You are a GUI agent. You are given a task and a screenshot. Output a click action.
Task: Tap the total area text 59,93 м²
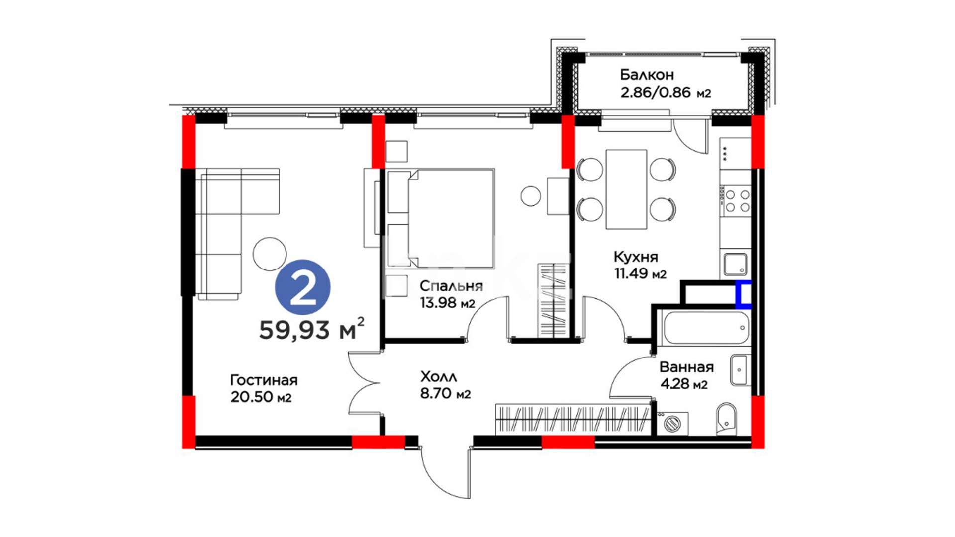click(x=312, y=329)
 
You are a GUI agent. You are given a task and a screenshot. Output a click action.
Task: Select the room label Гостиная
click(x=264, y=380)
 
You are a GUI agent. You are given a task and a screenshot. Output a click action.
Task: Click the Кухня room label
click(x=636, y=257)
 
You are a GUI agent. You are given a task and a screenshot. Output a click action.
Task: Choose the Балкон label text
click(x=647, y=75)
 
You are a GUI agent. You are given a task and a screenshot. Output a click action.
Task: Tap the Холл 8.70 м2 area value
click(x=445, y=394)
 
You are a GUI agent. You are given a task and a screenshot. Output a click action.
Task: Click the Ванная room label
click(x=686, y=367)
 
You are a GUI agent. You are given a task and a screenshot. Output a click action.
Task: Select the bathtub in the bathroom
click(x=706, y=327)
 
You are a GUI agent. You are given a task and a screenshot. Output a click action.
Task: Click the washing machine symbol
click(x=672, y=423)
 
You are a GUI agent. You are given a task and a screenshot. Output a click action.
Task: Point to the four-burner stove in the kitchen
click(x=736, y=201)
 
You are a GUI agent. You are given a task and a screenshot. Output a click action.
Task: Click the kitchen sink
click(x=735, y=264)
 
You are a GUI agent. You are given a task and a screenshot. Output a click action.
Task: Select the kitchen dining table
click(x=626, y=189)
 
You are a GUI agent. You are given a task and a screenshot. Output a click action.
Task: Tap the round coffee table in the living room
click(x=270, y=254)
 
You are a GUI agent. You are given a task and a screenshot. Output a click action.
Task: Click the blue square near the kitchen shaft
click(x=744, y=294)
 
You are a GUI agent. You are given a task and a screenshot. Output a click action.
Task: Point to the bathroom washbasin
click(x=740, y=370)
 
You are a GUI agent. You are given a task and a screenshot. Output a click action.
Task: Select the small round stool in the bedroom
click(x=531, y=196)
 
